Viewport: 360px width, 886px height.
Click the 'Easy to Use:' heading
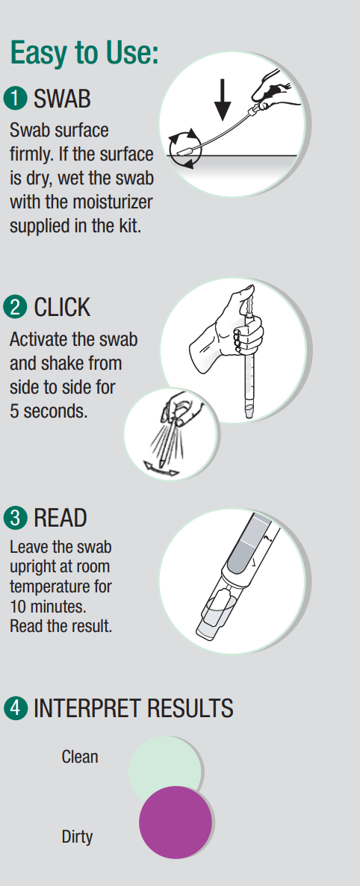[x=84, y=53]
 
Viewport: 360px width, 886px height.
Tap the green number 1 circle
[x=15, y=99]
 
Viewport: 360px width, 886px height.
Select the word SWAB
[x=62, y=99]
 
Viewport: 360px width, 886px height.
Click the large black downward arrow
[x=223, y=99]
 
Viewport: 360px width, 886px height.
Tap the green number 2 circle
[x=15, y=307]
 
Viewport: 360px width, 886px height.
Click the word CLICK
[x=62, y=308]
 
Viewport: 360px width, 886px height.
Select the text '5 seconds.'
[x=49, y=411]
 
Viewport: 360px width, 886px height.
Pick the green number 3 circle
[x=15, y=518]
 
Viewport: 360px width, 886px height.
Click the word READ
[x=60, y=518]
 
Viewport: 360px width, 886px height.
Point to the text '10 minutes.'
[x=48, y=607]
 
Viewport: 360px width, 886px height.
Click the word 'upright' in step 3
[x=33, y=567]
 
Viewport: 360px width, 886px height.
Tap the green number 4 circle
[x=15, y=708]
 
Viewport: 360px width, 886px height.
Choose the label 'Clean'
[x=80, y=758]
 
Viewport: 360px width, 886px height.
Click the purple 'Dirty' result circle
[x=176, y=823]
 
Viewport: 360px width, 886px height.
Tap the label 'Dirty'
[x=78, y=837]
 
